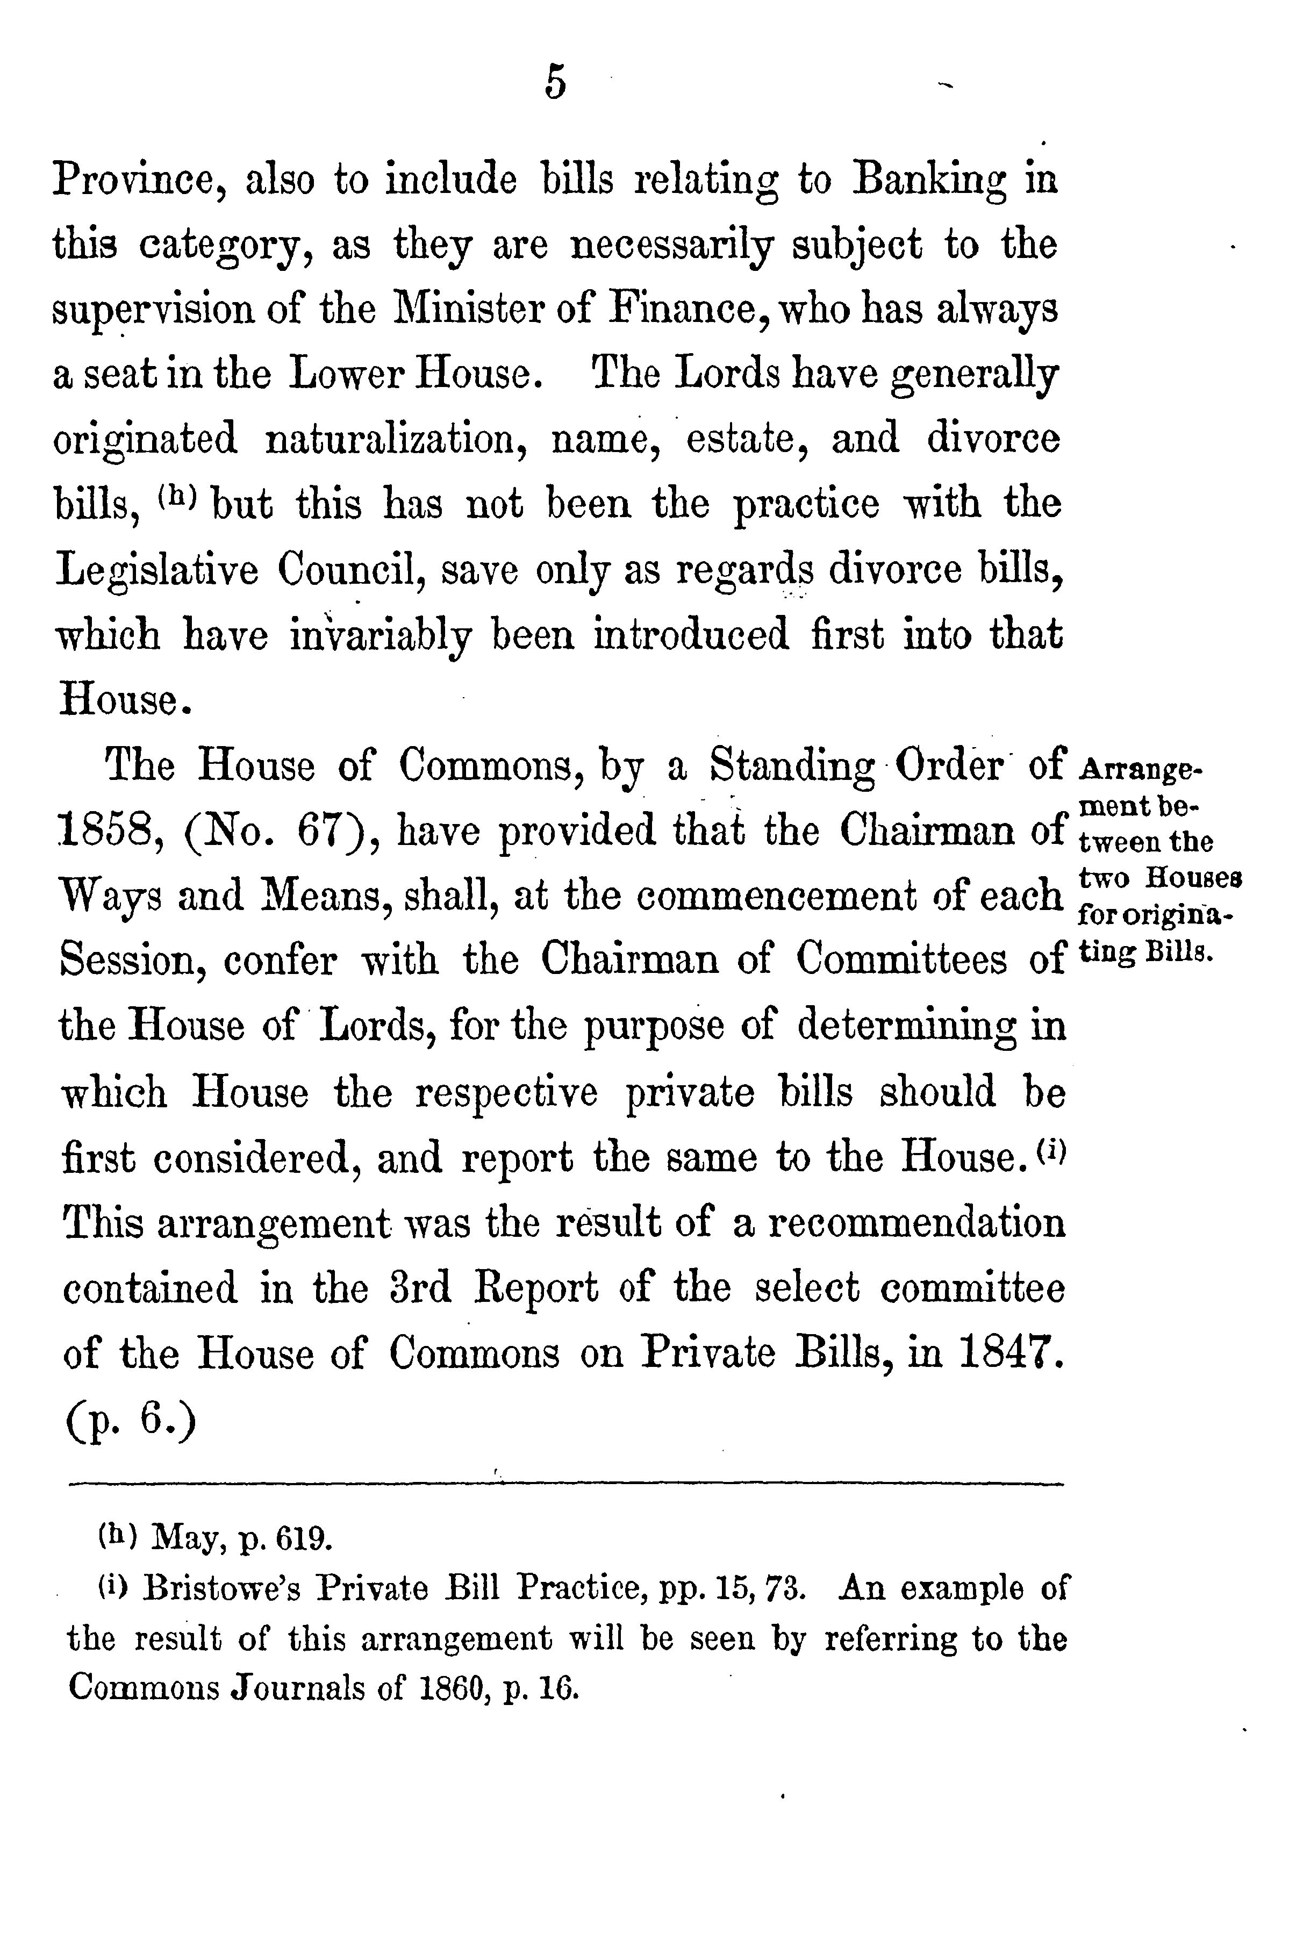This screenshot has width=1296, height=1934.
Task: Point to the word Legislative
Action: point(156,570)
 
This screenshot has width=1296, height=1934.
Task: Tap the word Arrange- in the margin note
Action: point(1141,770)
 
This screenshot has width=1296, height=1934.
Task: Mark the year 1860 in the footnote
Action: point(460,1688)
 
